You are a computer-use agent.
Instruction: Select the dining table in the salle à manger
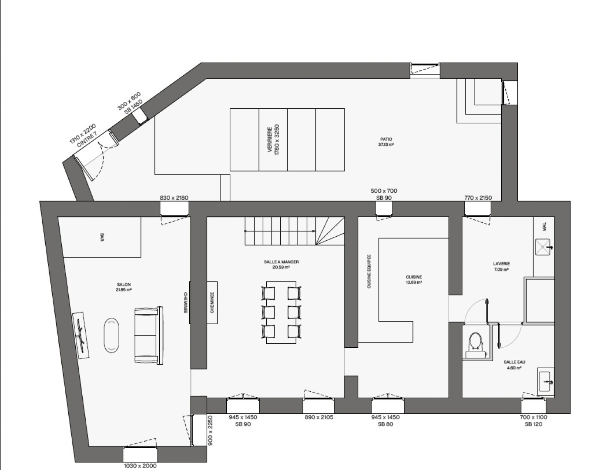click(282, 312)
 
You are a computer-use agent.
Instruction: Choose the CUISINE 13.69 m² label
click(414, 279)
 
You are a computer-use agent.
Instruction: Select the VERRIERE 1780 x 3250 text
click(273, 140)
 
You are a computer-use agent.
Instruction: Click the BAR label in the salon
click(102, 237)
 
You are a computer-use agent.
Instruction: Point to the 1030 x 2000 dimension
click(140, 466)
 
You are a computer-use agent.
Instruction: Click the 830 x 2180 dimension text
click(174, 198)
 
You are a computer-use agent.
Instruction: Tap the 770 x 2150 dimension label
click(478, 198)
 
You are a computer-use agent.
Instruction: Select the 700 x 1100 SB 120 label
click(533, 420)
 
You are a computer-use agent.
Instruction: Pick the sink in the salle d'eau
click(546, 382)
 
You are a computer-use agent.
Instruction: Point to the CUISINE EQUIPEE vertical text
click(369, 272)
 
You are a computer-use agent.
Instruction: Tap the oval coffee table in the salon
click(111, 335)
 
